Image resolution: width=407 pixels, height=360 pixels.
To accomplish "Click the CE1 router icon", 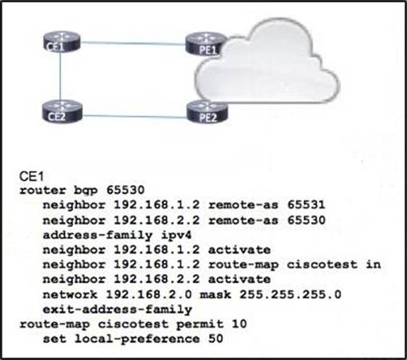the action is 61,42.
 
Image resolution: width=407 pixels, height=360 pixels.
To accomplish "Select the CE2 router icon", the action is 62,111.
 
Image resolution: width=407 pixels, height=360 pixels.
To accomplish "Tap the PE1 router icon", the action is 205,44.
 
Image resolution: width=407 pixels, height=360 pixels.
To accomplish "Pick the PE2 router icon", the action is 207,112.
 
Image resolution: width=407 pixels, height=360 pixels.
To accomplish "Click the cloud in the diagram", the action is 267,62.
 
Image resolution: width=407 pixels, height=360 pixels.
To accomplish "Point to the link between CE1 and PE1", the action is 133,43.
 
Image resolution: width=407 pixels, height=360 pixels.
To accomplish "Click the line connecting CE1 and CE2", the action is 60,76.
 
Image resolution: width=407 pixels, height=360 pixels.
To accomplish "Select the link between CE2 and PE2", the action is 134,116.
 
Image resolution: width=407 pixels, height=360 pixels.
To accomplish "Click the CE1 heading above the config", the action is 31,176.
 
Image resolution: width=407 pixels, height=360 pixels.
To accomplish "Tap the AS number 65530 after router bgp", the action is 125,190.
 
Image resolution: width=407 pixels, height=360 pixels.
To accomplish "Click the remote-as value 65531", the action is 307,205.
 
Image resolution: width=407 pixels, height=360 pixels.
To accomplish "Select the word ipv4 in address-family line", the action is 176,235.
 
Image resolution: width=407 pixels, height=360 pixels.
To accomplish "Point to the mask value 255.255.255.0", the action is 290,295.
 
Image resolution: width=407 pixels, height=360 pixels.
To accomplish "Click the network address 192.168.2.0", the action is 149,295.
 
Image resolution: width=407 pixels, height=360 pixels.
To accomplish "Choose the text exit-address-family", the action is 117,309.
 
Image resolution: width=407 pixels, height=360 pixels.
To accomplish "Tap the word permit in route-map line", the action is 200,324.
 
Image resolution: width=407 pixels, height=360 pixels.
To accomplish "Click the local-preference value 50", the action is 215,339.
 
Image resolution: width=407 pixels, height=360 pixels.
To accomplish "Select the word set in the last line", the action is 54,339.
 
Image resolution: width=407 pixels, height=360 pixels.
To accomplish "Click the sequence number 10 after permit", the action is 239,324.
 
